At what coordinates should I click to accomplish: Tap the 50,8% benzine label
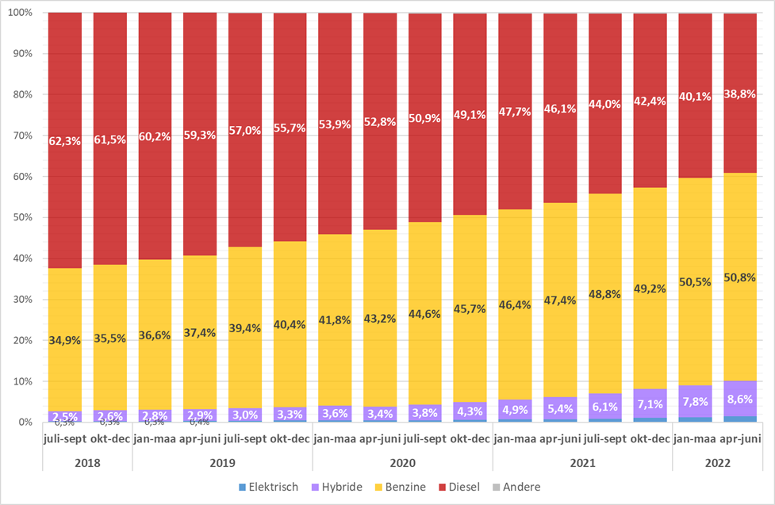pyautogui.click(x=739, y=277)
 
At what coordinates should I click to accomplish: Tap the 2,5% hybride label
pyautogui.click(x=65, y=415)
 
